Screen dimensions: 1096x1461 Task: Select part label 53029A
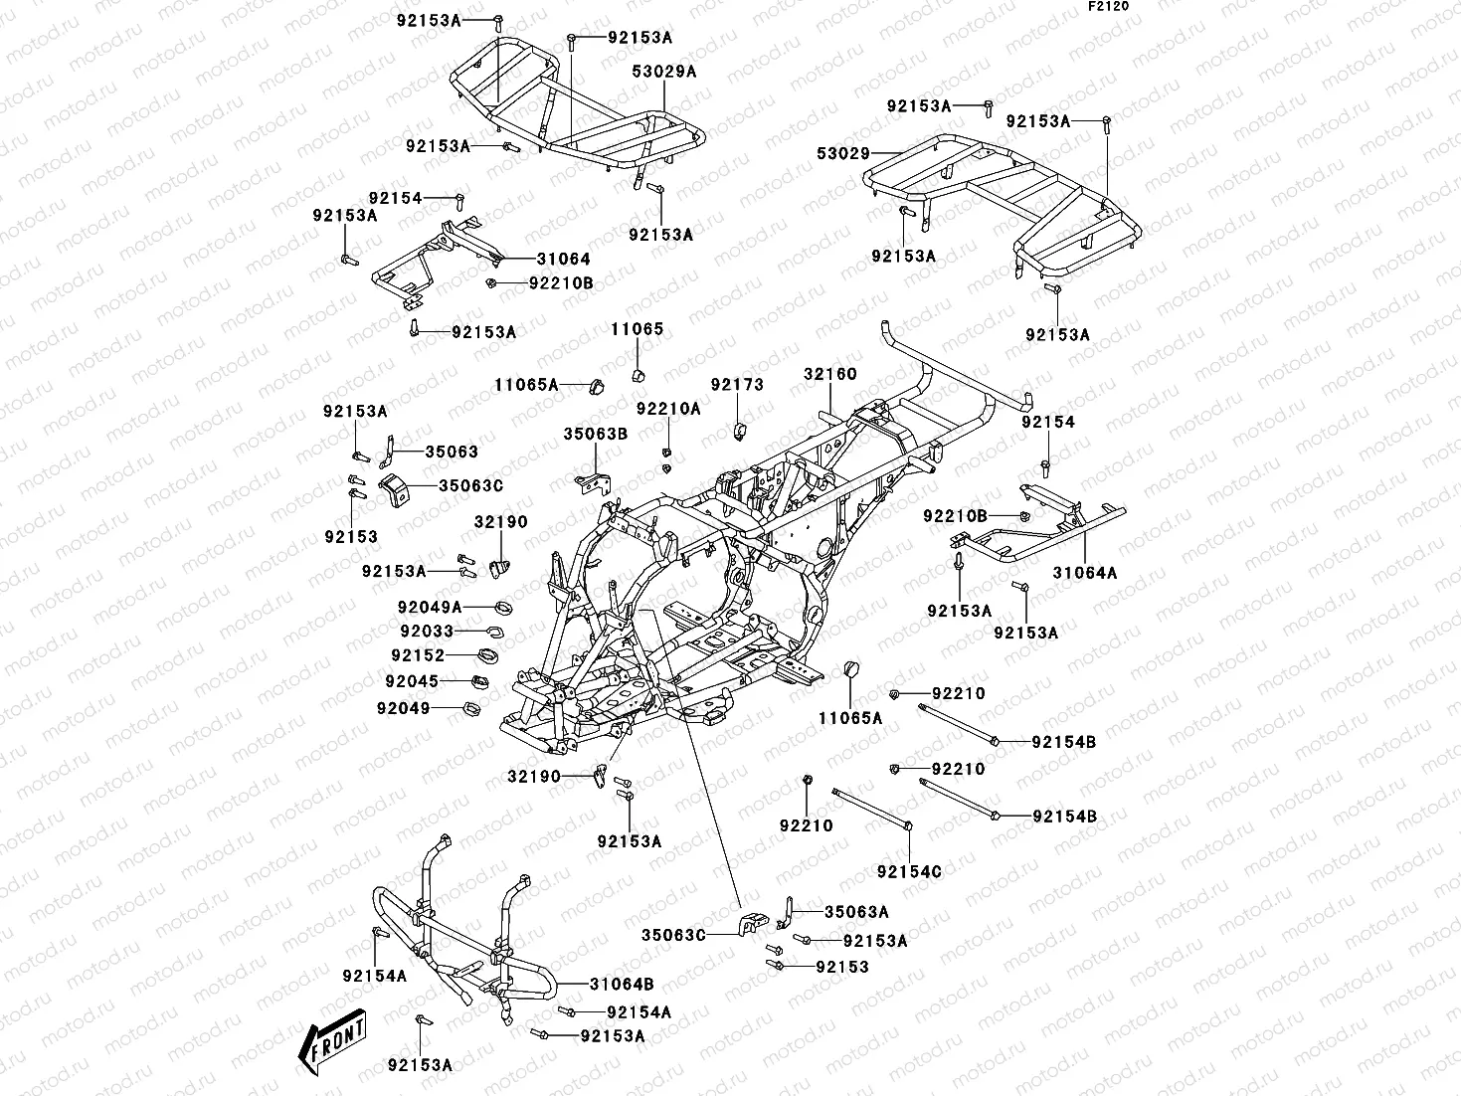[x=663, y=72]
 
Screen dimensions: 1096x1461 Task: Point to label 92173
[x=736, y=385]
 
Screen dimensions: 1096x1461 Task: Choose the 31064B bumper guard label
[x=621, y=985]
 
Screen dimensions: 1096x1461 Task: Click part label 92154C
[x=909, y=872]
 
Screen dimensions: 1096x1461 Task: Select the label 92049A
[x=430, y=607]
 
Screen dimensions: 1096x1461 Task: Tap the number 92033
[x=427, y=632]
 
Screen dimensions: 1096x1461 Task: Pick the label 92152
[x=418, y=655]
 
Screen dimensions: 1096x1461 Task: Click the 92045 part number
[x=412, y=681]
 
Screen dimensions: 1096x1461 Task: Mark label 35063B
[x=595, y=434]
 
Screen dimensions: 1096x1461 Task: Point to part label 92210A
[x=668, y=409]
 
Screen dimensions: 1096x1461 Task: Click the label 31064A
[x=1085, y=573]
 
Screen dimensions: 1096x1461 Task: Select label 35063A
[x=856, y=911]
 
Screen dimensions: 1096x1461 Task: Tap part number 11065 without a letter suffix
[x=637, y=329]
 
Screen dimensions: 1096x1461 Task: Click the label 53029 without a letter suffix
[x=843, y=154]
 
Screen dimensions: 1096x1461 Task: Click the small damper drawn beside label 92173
[x=738, y=431]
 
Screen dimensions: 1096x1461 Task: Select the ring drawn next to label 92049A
[x=503, y=607]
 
